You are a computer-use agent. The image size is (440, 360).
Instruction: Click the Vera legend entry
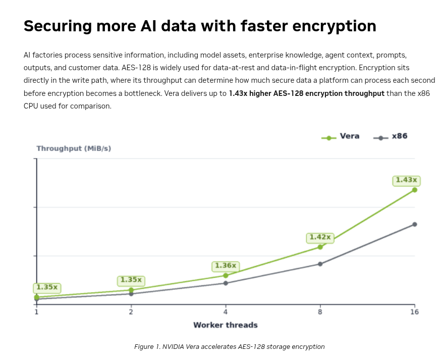coord(341,136)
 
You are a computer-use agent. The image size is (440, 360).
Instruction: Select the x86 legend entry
coord(391,136)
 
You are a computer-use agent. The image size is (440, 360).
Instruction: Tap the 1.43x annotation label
coord(406,180)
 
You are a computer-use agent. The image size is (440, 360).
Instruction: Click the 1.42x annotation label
coord(320,238)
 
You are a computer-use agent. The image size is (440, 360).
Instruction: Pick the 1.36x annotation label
coord(226,266)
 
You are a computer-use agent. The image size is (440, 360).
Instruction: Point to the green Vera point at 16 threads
coord(414,190)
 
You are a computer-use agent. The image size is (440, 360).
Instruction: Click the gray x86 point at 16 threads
coord(414,224)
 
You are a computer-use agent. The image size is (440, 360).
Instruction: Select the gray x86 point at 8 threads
coord(320,264)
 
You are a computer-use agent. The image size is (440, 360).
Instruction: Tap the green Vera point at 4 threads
coord(226,276)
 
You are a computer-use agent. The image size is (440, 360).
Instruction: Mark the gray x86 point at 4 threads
coord(226,283)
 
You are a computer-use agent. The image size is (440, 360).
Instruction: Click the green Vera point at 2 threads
coord(131,290)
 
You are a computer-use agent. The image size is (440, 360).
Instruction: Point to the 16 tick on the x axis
coord(414,312)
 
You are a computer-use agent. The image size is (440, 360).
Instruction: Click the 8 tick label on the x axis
coord(320,312)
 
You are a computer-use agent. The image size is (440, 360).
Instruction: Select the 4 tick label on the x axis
coord(226,312)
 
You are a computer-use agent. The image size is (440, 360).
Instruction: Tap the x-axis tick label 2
coord(131,312)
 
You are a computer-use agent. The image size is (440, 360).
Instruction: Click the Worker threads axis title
coord(226,325)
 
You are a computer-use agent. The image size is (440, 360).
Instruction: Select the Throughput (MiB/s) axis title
coord(74,148)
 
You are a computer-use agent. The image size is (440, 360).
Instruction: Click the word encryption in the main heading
coord(334,26)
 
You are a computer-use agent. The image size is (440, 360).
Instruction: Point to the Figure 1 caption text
coord(229,347)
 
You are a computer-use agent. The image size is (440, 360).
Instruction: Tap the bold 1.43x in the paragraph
coord(238,93)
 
